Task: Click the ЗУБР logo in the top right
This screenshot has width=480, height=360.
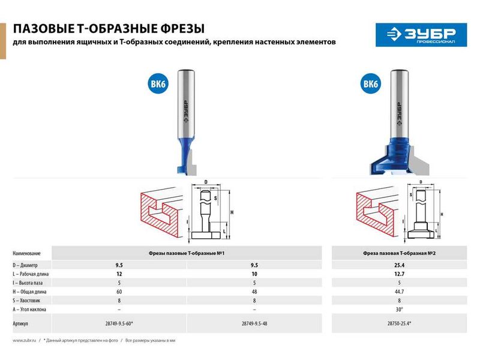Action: [x=416, y=34]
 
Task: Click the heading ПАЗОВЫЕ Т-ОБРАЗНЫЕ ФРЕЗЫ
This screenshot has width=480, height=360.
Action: [x=109, y=28]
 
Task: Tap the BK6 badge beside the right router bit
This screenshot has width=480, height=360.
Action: [x=370, y=85]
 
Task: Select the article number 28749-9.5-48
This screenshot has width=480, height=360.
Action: [x=254, y=323]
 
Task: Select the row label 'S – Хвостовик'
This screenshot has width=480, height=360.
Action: [x=28, y=300]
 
